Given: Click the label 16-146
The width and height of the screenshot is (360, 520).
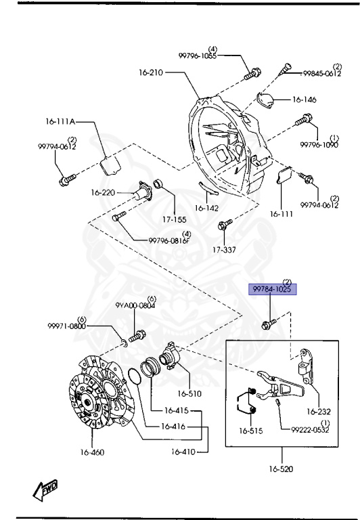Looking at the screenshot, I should (304, 100).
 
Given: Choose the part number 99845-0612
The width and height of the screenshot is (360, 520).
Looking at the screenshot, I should (321, 73).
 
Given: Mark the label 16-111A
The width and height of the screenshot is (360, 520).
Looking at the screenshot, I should (60, 123).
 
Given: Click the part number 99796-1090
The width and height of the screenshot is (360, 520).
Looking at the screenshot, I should (319, 145).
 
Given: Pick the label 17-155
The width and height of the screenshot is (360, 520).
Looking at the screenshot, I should (174, 219).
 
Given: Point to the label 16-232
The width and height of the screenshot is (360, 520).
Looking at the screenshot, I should (321, 410).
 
